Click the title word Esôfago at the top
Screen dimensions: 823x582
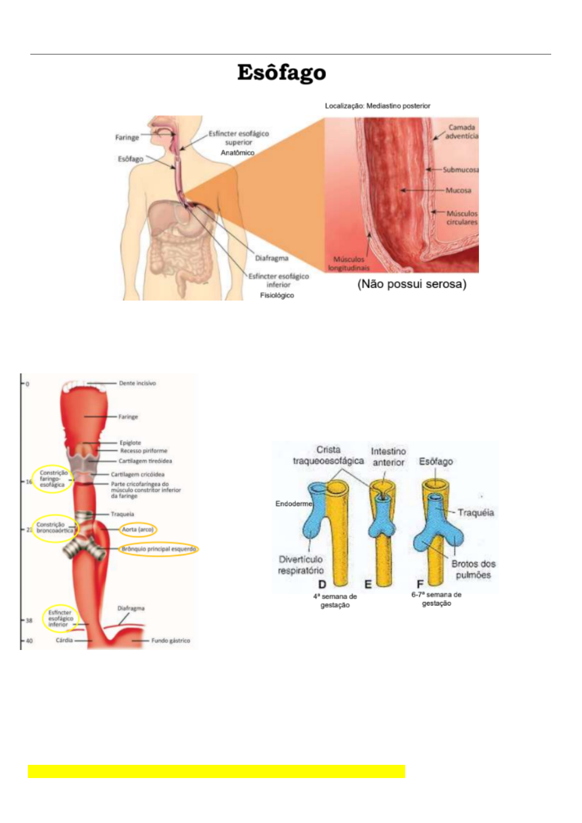pos(281,73)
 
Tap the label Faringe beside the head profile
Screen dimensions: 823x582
pos(127,137)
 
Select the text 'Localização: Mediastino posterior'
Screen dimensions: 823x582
pos(377,106)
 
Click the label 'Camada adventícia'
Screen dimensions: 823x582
pos(461,131)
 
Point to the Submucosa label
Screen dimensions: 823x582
pos(460,170)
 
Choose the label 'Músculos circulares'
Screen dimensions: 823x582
pos(462,217)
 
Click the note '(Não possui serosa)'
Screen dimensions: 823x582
pos(411,284)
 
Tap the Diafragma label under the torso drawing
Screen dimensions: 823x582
pos(271,258)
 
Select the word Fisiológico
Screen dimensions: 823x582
pos(277,295)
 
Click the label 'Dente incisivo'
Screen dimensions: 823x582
pos(137,383)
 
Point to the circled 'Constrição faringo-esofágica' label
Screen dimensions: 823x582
pos(53,479)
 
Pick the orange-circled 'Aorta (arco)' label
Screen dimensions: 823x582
pos(137,529)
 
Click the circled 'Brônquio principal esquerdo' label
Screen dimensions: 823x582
pos(158,549)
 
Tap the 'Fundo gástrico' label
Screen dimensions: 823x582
pos(171,640)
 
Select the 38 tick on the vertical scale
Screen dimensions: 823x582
pos(29,621)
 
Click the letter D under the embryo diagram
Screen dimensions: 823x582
pos(322,584)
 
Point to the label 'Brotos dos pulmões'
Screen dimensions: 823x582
pos(473,569)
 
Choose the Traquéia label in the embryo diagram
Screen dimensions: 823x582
pos(475,512)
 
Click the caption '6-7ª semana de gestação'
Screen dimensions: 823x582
pos(436,599)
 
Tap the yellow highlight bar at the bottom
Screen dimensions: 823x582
pos(216,771)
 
